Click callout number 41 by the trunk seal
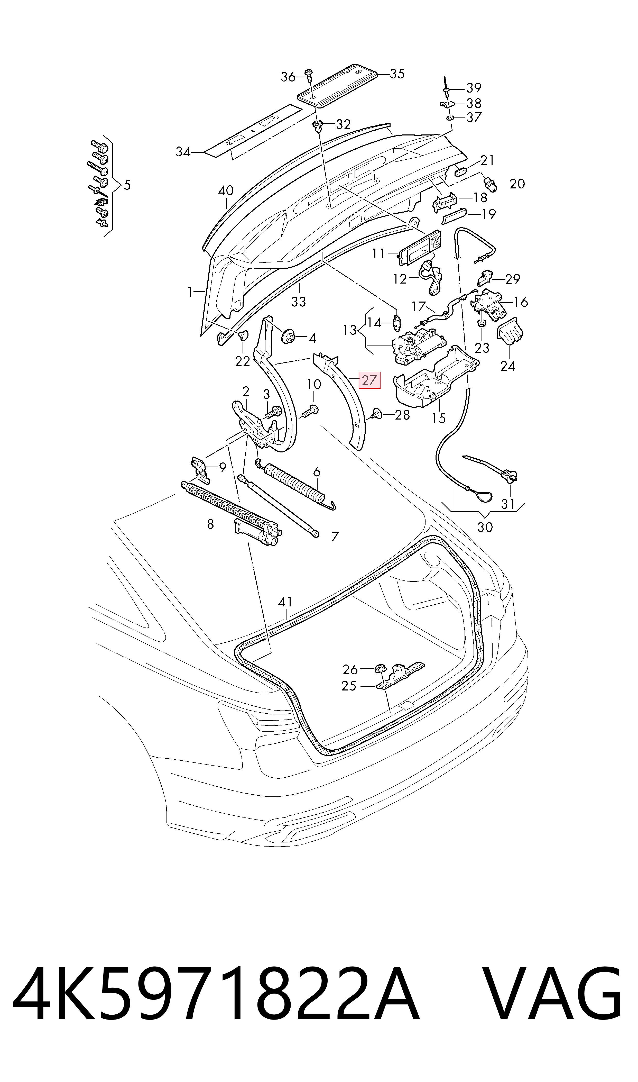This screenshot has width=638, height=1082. click(285, 602)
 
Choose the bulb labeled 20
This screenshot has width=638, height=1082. click(490, 185)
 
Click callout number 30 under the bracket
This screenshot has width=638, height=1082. click(485, 527)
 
